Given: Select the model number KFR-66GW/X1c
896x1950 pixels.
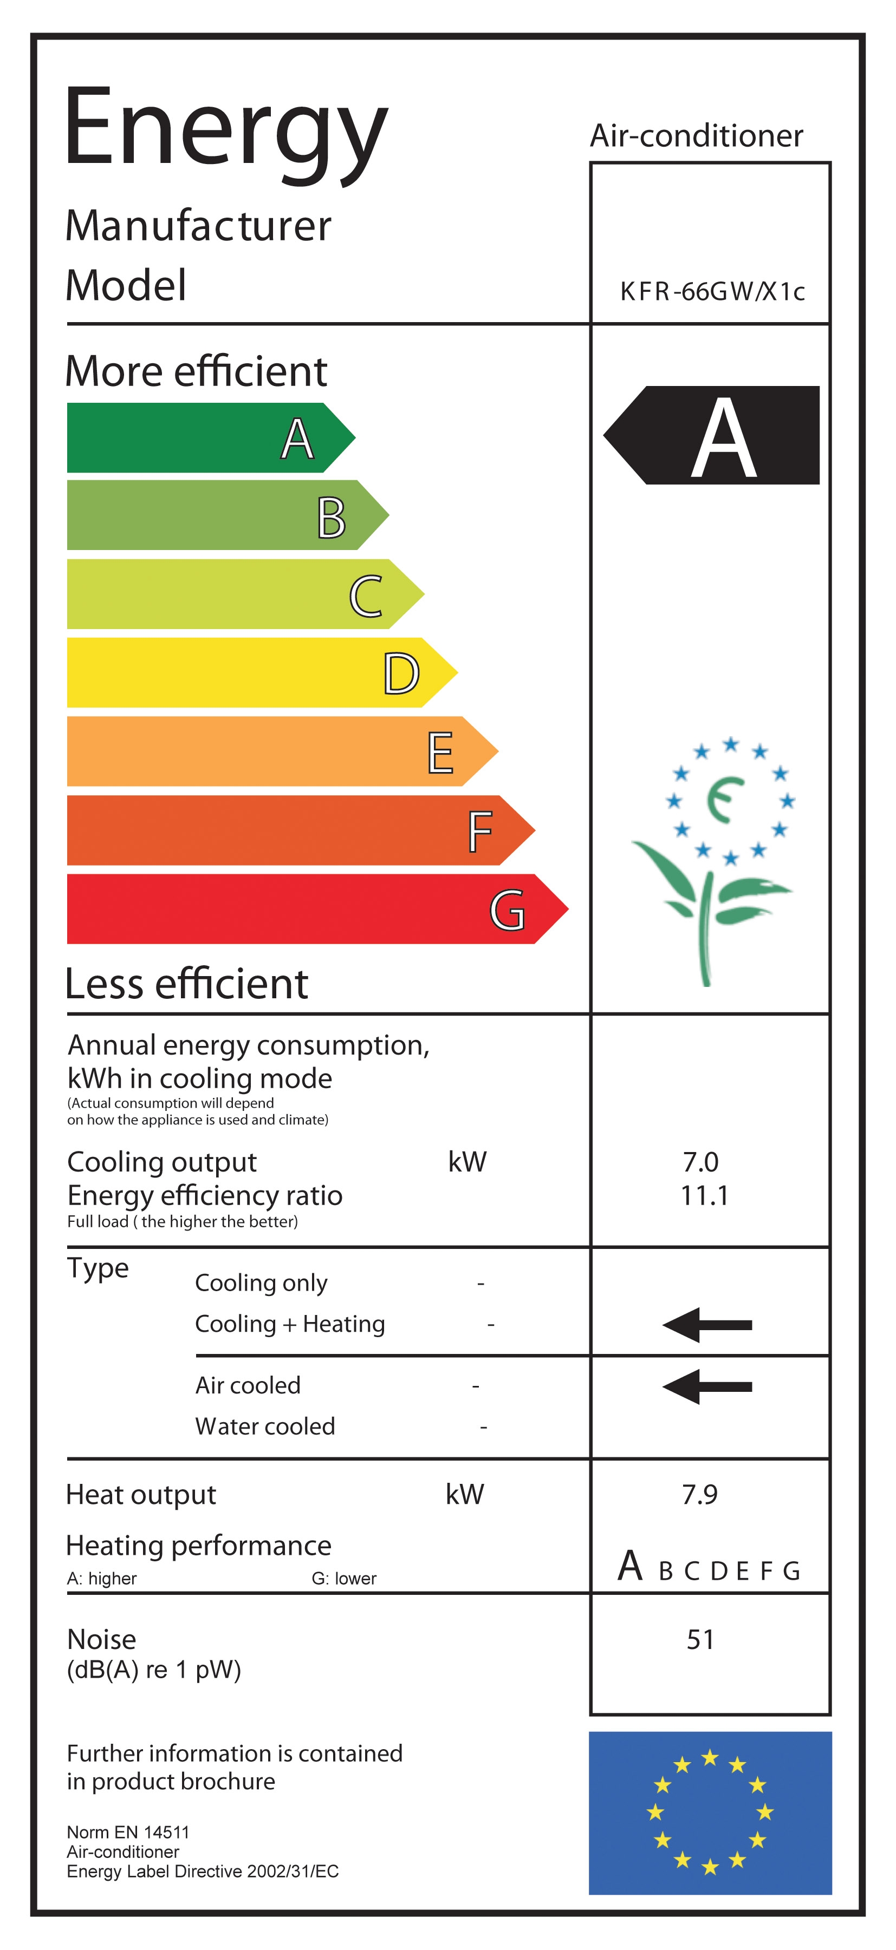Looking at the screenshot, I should tap(711, 291).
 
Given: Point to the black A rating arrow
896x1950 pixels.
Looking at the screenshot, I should tap(712, 435).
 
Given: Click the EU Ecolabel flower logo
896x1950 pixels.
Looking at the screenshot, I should tap(716, 855).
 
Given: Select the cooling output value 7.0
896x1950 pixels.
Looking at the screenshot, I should tap(700, 1162).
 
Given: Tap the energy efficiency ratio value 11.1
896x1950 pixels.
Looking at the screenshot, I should tap(704, 1196).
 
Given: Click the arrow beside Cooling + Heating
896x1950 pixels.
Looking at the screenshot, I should tap(706, 1325).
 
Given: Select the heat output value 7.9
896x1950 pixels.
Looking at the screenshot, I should tap(700, 1494).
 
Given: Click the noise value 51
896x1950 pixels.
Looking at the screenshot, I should tap(700, 1640).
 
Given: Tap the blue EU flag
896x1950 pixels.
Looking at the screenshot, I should tap(710, 1812).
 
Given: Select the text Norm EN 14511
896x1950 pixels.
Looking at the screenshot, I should tap(128, 1832).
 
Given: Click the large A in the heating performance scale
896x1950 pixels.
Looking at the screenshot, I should tap(630, 1566).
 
